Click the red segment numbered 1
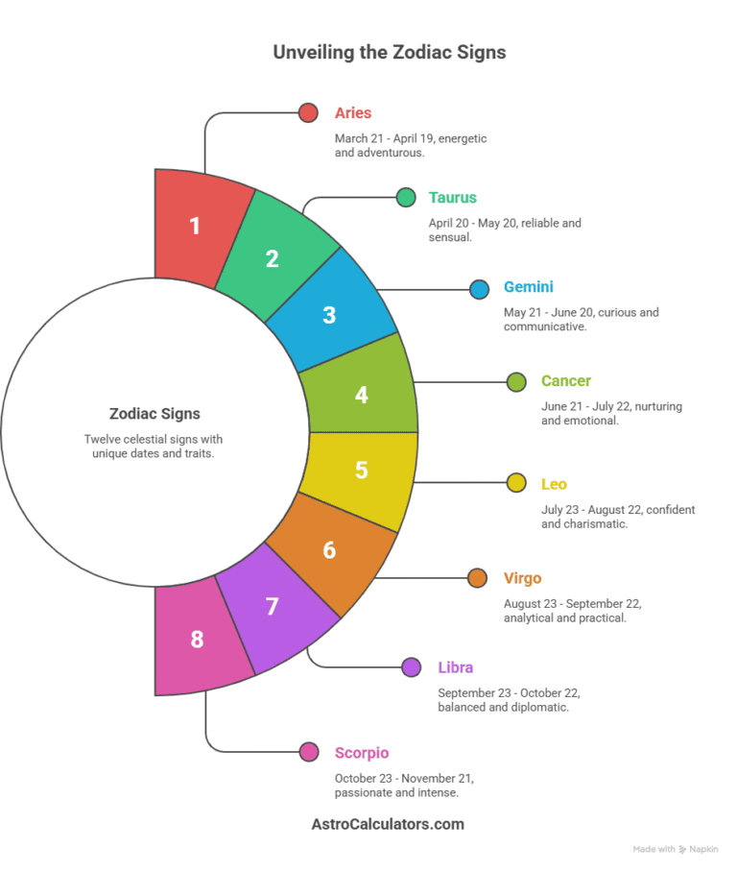click(200, 227)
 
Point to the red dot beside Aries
click(308, 112)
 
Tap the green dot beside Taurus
click(406, 197)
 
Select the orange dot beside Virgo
click(477, 578)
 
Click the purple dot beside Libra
click(412, 667)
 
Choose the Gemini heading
click(529, 286)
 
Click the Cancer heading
click(566, 380)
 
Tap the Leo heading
click(554, 484)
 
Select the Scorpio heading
click(362, 753)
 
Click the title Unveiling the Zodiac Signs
click(390, 52)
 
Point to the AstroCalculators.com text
click(388, 824)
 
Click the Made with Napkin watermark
click(676, 849)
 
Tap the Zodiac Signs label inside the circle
click(155, 414)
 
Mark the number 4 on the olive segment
click(361, 395)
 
